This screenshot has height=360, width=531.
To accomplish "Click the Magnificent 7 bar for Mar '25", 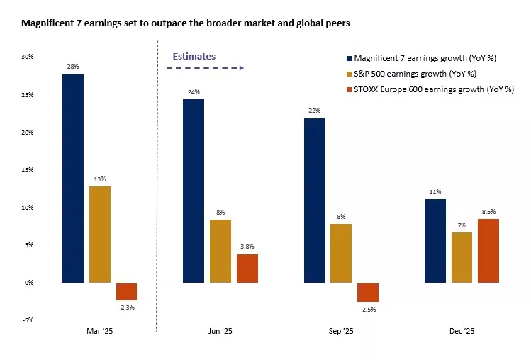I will (x=73, y=178).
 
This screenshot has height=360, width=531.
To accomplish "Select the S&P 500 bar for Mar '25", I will (x=100, y=235).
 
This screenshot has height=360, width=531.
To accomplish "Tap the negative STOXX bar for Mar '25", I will (x=127, y=291).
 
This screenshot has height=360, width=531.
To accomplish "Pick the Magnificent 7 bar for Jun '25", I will (x=194, y=191).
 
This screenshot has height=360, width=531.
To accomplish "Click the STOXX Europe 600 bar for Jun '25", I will (x=247, y=269).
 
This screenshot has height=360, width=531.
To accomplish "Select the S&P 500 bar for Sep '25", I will (x=341, y=253).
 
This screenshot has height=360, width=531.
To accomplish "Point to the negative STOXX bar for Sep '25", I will (x=368, y=292).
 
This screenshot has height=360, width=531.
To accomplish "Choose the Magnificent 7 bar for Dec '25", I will (x=435, y=241).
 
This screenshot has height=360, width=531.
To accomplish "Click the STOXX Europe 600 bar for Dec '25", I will (x=488, y=251).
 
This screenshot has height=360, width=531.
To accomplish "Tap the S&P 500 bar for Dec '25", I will (x=462, y=257).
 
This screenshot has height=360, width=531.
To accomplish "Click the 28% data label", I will (x=73, y=66).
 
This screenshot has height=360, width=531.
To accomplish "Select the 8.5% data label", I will (x=488, y=211).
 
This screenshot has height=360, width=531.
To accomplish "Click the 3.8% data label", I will (x=247, y=247).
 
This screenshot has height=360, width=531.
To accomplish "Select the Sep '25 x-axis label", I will (x=341, y=331).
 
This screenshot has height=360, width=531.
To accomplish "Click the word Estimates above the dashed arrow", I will (x=194, y=56).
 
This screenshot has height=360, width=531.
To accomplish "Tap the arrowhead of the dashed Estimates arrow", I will (x=242, y=68).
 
